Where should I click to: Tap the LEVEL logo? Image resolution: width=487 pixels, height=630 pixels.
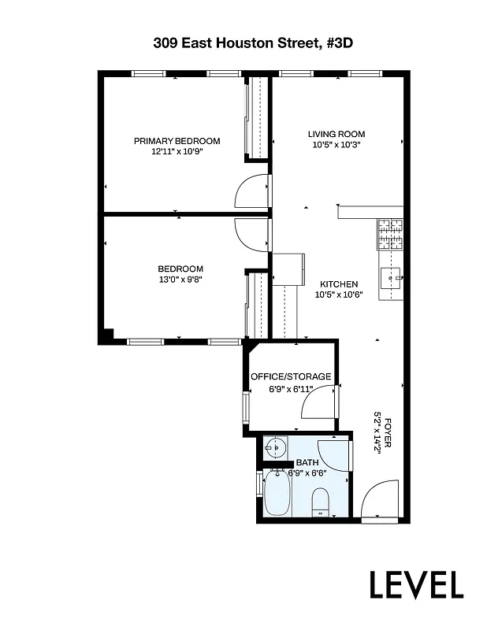click(x=417, y=584)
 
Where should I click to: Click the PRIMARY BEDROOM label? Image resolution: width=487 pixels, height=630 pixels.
click(x=177, y=141)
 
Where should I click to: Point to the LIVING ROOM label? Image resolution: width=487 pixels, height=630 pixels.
click(x=336, y=134)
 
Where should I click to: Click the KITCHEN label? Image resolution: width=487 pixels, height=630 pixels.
click(x=339, y=284)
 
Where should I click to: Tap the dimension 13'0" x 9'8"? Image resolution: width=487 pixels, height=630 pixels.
click(x=180, y=279)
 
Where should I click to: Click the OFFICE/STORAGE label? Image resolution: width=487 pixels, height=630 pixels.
click(x=291, y=376)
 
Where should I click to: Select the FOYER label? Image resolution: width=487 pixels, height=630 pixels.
click(x=387, y=441)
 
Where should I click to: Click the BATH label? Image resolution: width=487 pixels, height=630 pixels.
click(x=308, y=463)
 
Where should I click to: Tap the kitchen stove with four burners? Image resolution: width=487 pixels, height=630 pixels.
click(x=391, y=232)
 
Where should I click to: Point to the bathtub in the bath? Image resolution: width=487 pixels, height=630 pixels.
click(x=277, y=493)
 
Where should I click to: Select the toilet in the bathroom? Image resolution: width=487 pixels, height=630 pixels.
click(x=321, y=500)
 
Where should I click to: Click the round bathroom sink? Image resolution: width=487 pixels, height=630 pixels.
click(x=275, y=450)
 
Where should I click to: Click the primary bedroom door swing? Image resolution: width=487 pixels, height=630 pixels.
click(x=251, y=191)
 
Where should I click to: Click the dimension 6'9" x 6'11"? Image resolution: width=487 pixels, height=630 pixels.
click(x=291, y=388)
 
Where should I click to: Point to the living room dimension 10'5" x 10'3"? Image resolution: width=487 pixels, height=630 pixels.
click(x=336, y=144)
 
